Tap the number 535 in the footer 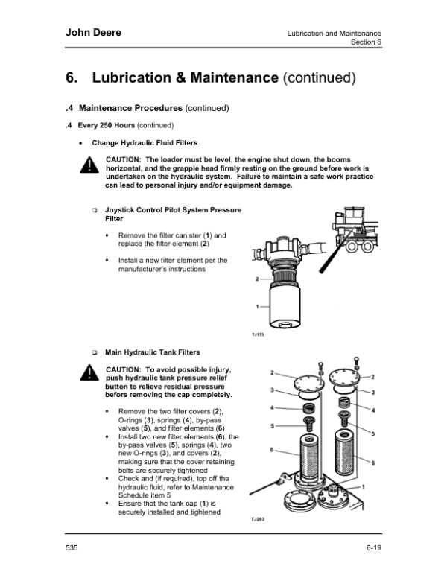(72, 547)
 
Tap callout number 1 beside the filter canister (256, 306)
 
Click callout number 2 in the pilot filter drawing (256, 279)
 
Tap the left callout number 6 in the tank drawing (273, 450)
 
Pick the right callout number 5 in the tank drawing (372, 433)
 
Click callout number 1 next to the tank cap (363, 486)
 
